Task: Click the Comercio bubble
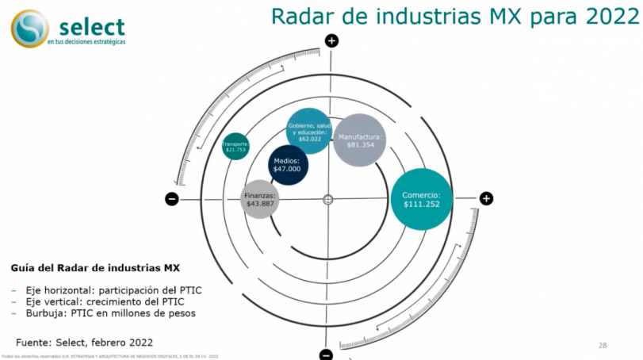(422, 200)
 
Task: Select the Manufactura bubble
(360, 140)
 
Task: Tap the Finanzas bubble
(260, 199)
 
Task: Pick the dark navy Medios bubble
(287, 165)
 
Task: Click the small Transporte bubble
(235, 146)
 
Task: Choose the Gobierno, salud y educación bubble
(308, 131)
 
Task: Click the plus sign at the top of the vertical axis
(331, 40)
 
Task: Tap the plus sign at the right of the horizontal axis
(486, 198)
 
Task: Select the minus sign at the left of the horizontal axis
(171, 199)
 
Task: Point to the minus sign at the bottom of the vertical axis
(326, 354)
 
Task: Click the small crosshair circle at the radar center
(328, 200)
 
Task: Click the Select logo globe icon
(29, 29)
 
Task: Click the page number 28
(603, 346)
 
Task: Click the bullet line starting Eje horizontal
(112, 290)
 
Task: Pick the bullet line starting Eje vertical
(103, 301)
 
